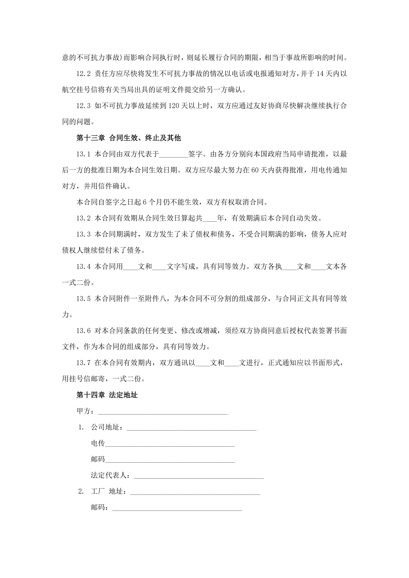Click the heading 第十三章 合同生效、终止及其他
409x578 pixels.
(129, 138)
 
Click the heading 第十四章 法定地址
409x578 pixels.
(107, 395)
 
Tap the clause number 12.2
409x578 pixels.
(83, 74)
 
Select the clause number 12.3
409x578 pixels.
(83, 106)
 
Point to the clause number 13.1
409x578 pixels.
(83, 154)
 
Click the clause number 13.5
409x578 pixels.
(83, 299)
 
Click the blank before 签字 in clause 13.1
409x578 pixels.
(173, 155)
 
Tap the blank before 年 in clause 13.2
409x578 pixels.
(209, 219)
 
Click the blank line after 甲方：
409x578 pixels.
(163, 412)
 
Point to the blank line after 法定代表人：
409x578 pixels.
(199, 476)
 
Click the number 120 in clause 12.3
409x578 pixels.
(173, 106)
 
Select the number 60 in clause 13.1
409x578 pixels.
(255, 170)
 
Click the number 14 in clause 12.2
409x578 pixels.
(320, 74)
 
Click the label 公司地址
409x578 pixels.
(105, 427)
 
